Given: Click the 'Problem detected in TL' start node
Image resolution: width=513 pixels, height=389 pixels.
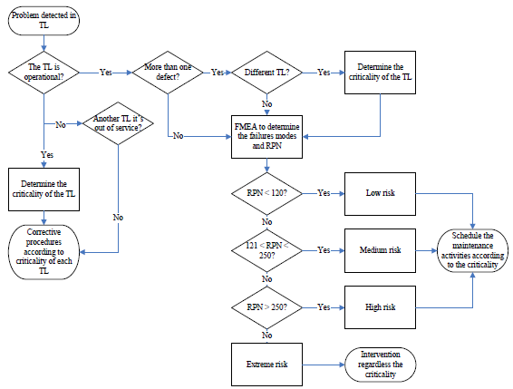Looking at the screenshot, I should tap(44, 21).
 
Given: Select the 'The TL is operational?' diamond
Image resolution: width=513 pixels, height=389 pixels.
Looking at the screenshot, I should tap(44, 71).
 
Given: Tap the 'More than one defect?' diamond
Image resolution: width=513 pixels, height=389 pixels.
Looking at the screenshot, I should tap(169, 71).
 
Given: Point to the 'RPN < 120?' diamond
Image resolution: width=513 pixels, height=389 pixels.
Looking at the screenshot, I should tap(266, 193).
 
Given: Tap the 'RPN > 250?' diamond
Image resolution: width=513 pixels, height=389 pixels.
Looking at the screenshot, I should tap(266, 307).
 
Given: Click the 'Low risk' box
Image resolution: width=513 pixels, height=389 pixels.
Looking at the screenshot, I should tap(379, 193).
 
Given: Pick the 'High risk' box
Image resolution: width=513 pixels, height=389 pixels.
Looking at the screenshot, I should tap(379, 307).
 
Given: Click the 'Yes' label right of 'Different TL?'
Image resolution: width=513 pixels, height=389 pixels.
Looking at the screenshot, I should tap(323, 71).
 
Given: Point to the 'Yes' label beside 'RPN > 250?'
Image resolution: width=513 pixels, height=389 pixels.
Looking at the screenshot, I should tap(323, 307).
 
